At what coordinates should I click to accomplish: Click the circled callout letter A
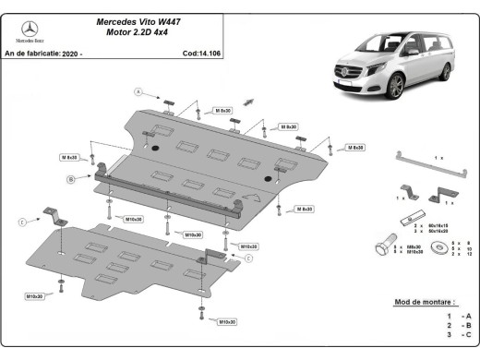coord(139,91)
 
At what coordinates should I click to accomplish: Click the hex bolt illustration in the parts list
coord(384,248)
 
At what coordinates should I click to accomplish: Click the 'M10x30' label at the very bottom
coord(225,321)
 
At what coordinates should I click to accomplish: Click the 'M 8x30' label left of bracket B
coord(71,156)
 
